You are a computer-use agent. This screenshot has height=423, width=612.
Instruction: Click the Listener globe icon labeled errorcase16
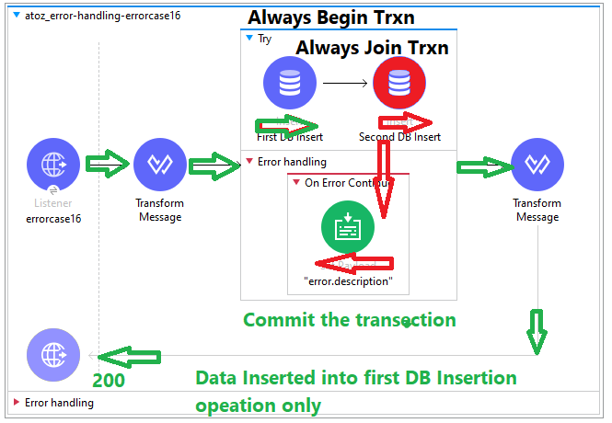click(53, 166)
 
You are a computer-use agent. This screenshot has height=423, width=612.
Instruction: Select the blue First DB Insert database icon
click(290, 83)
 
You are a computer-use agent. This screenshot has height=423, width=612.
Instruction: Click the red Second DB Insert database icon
click(399, 83)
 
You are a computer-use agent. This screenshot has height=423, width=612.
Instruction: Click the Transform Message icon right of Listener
click(160, 166)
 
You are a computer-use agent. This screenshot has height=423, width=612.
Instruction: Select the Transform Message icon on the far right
click(537, 166)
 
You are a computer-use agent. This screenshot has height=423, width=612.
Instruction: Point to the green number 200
click(109, 380)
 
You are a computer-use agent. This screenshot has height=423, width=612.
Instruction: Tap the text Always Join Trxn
click(371, 48)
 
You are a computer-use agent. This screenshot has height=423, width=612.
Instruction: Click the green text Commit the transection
click(349, 320)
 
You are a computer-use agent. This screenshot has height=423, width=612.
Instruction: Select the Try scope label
click(264, 39)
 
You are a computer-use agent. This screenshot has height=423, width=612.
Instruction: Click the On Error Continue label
click(348, 182)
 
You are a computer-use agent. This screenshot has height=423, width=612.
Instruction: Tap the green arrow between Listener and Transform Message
click(107, 165)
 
